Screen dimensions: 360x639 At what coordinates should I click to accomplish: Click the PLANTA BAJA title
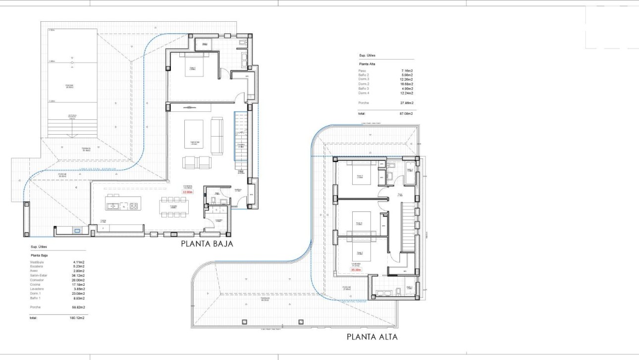pyautogui.click(x=207, y=244)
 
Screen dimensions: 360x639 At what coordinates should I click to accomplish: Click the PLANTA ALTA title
pyautogui.click(x=372, y=337)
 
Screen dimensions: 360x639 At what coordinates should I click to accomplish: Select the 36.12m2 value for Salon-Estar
pyautogui.click(x=78, y=275)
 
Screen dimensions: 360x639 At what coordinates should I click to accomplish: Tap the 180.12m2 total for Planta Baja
pyautogui.click(x=77, y=318)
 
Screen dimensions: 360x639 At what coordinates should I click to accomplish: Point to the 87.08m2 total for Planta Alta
pyautogui.click(x=406, y=113)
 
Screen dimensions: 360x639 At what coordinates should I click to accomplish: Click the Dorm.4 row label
pyautogui.click(x=364, y=93)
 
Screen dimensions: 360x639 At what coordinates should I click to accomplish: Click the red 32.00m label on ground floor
pyautogui.click(x=188, y=192)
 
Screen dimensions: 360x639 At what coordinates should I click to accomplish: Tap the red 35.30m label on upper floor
pyautogui.click(x=356, y=270)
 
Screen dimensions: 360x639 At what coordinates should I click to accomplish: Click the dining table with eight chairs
pyautogui.click(x=173, y=207)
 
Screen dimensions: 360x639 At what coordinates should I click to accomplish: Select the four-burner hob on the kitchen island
pyautogui.click(x=133, y=206)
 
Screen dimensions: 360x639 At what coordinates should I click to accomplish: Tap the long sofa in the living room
pyautogui.click(x=217, y=136)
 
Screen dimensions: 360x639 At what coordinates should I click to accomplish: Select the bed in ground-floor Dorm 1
pyautogui.click(x=191, y=69)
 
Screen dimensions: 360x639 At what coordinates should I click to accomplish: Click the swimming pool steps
pyautogui.click(x=72, y=128)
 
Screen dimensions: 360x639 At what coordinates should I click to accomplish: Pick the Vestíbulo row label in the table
pyautogui.click(x=38, y=261)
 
